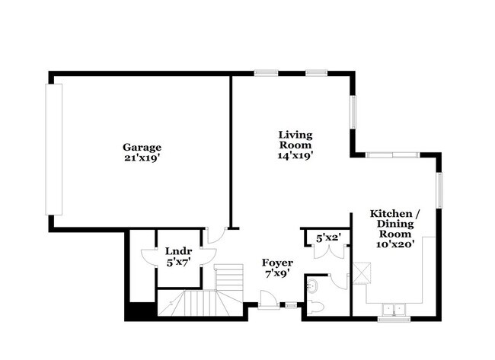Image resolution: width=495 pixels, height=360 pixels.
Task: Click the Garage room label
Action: [142, 147]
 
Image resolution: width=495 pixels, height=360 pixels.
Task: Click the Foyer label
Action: [277, 263]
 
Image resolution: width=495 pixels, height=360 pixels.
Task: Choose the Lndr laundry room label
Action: [178, 252]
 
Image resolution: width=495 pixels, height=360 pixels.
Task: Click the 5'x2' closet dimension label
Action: [327, 238]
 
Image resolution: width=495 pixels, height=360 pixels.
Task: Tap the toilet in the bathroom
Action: [317, 307]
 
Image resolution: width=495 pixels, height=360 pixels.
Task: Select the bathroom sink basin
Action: [313, 285]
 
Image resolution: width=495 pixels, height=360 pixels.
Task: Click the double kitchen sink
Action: [394, 309]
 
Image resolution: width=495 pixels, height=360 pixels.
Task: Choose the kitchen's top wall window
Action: [392, 155]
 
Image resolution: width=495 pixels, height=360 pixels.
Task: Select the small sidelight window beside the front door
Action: [289, 306]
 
